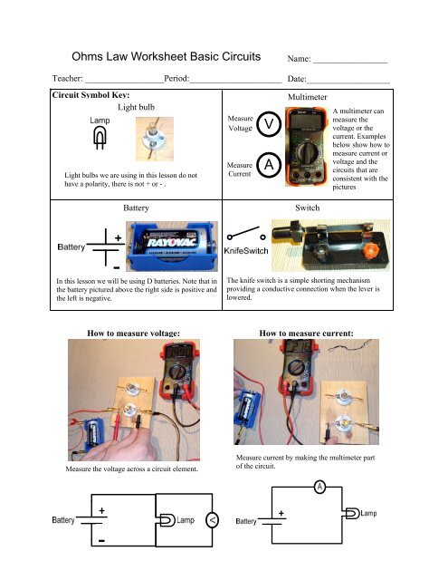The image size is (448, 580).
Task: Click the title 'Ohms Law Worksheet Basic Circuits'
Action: point(167,56)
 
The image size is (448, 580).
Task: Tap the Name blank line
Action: point(350,63)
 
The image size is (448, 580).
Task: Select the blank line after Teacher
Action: point(125,82)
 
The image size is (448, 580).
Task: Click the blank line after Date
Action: point(348,82)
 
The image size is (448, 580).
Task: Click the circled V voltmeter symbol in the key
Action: point(269,124)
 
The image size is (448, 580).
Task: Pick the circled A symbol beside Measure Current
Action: point(269,165)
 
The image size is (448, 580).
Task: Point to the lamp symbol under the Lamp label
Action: point(99,138)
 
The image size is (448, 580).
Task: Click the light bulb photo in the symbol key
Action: point(155,139)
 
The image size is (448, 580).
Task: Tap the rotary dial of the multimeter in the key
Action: point(307,152)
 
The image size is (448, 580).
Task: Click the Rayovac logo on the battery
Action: point(171,242)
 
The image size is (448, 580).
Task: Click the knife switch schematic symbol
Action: point(246,234)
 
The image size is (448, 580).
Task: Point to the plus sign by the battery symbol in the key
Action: point(118,237)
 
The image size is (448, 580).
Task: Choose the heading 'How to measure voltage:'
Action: point(133,333)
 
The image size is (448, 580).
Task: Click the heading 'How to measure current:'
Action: point(306,333)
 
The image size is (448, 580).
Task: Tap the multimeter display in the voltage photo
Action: point(178,352)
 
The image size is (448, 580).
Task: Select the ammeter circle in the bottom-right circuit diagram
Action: point(319,487)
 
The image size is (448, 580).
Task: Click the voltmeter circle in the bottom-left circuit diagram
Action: point(212,520)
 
